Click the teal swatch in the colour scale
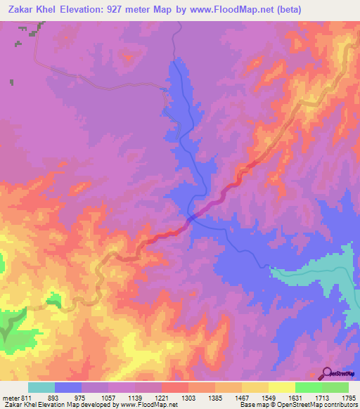click(x=41, y=388)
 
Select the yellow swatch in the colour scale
click(x=281, y=388)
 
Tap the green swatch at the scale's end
click(x=335, y=388)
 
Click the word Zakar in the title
click(x=21, y=9)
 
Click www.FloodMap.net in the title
click(x=243, y=9)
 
